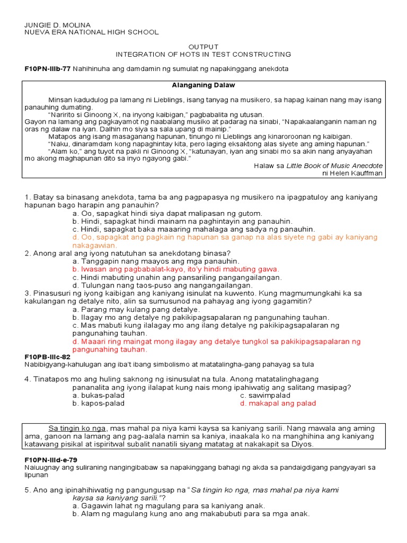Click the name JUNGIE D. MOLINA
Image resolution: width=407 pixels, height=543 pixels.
58,25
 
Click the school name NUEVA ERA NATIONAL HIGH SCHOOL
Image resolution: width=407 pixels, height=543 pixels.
91,32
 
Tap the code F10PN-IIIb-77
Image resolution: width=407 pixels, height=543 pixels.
47,69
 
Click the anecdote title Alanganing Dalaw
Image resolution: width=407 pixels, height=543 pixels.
203,85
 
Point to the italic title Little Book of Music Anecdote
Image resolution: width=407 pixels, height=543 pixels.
334,165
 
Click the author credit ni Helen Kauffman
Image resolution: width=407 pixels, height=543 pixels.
352,173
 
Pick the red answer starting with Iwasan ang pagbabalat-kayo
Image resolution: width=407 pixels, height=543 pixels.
176,269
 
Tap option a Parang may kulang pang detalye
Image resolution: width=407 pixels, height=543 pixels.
136,309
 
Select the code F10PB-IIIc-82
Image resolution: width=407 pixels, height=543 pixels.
47,357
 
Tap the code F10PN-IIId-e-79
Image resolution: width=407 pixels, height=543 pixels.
51,460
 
